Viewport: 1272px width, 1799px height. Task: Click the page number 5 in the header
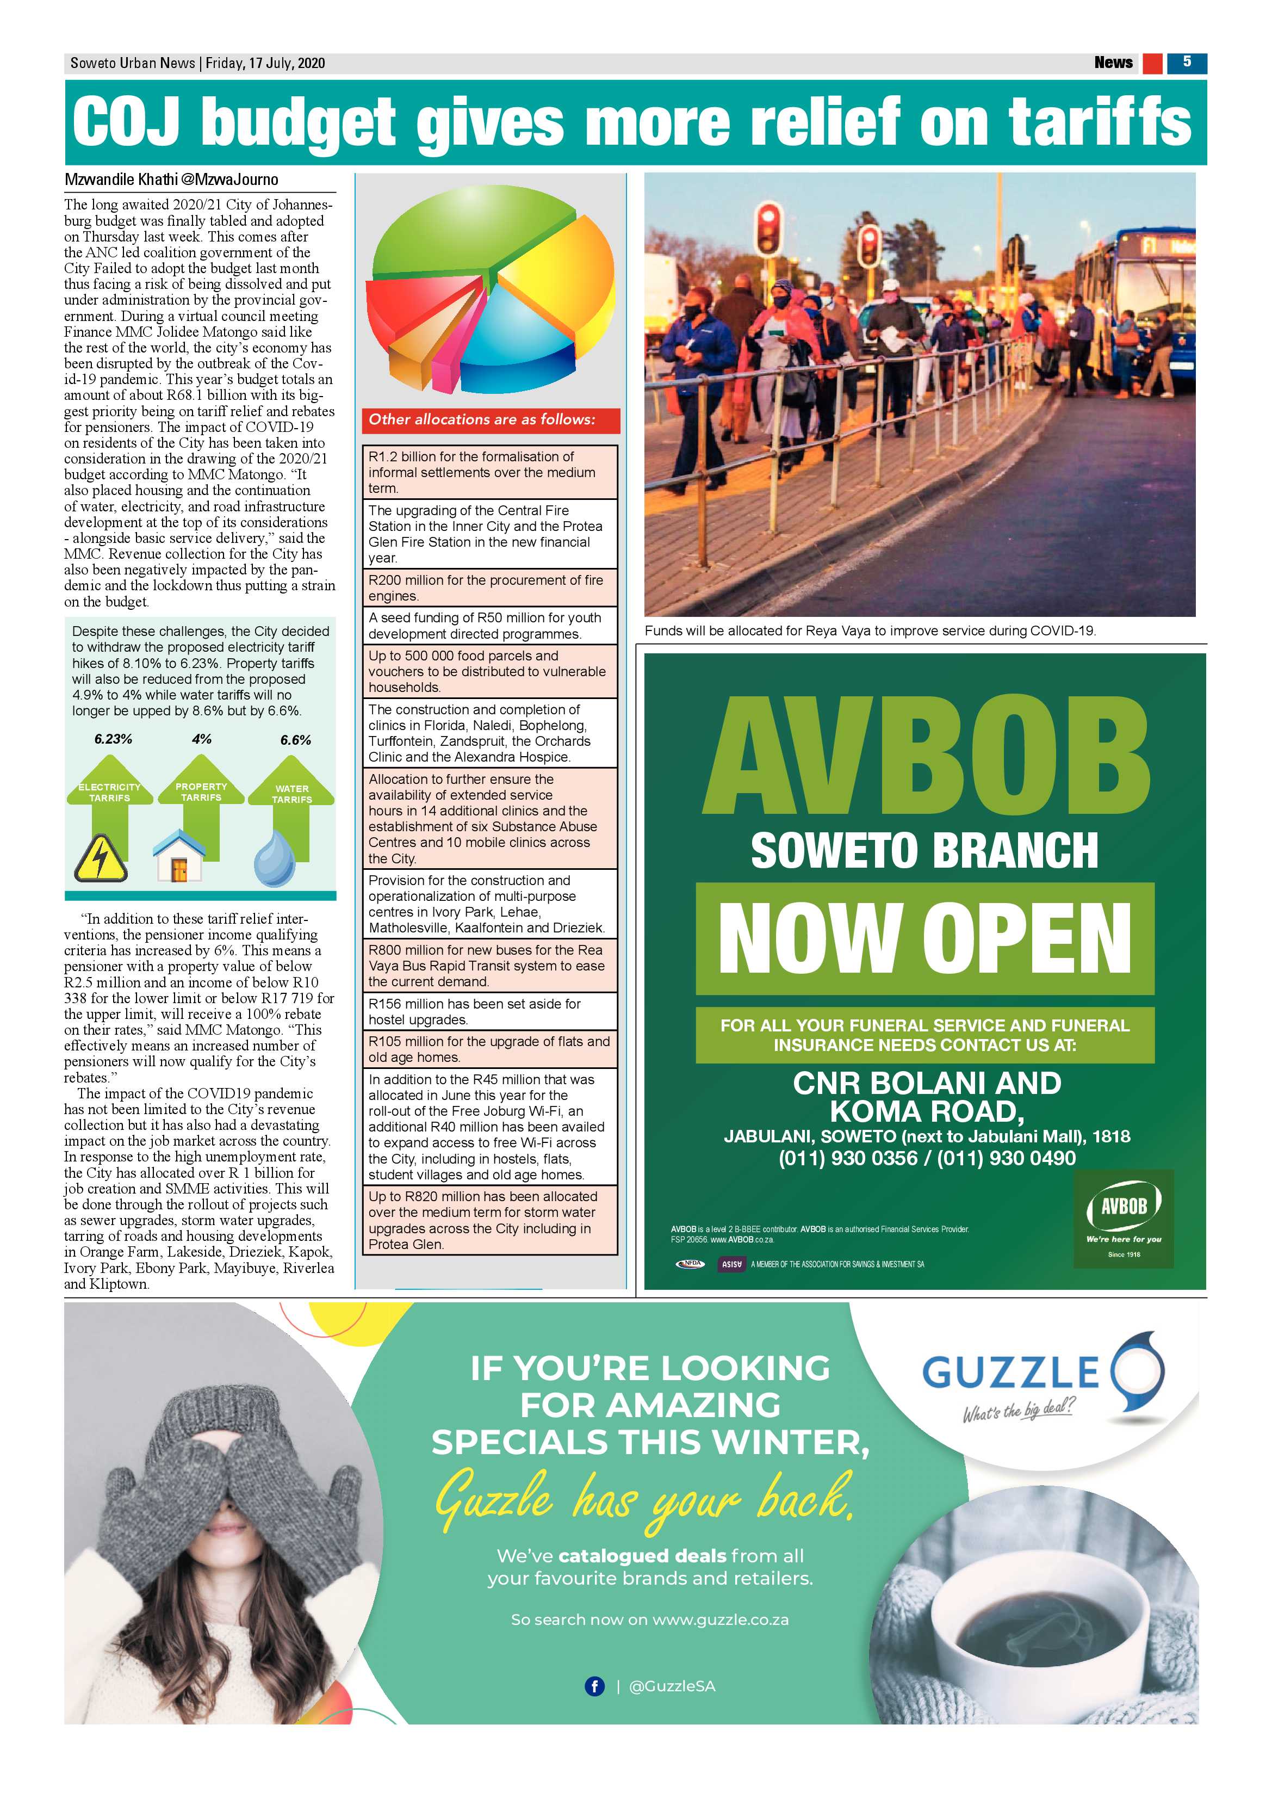coord(1187,63)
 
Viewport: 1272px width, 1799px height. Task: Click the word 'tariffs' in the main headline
coord(1099,122)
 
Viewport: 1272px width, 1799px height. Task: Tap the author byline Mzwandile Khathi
coord(121,180)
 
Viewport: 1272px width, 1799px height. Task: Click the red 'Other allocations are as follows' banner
coord(491,420)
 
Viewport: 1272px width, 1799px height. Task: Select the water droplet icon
coord(274,859)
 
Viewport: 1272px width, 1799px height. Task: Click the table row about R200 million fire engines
coord(489,588)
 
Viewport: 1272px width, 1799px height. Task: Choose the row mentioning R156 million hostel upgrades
coord(489,1011)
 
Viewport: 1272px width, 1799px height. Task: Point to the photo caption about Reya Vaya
coord(870,630)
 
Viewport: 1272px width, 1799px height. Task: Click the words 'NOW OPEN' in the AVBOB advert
coord(924,938)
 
